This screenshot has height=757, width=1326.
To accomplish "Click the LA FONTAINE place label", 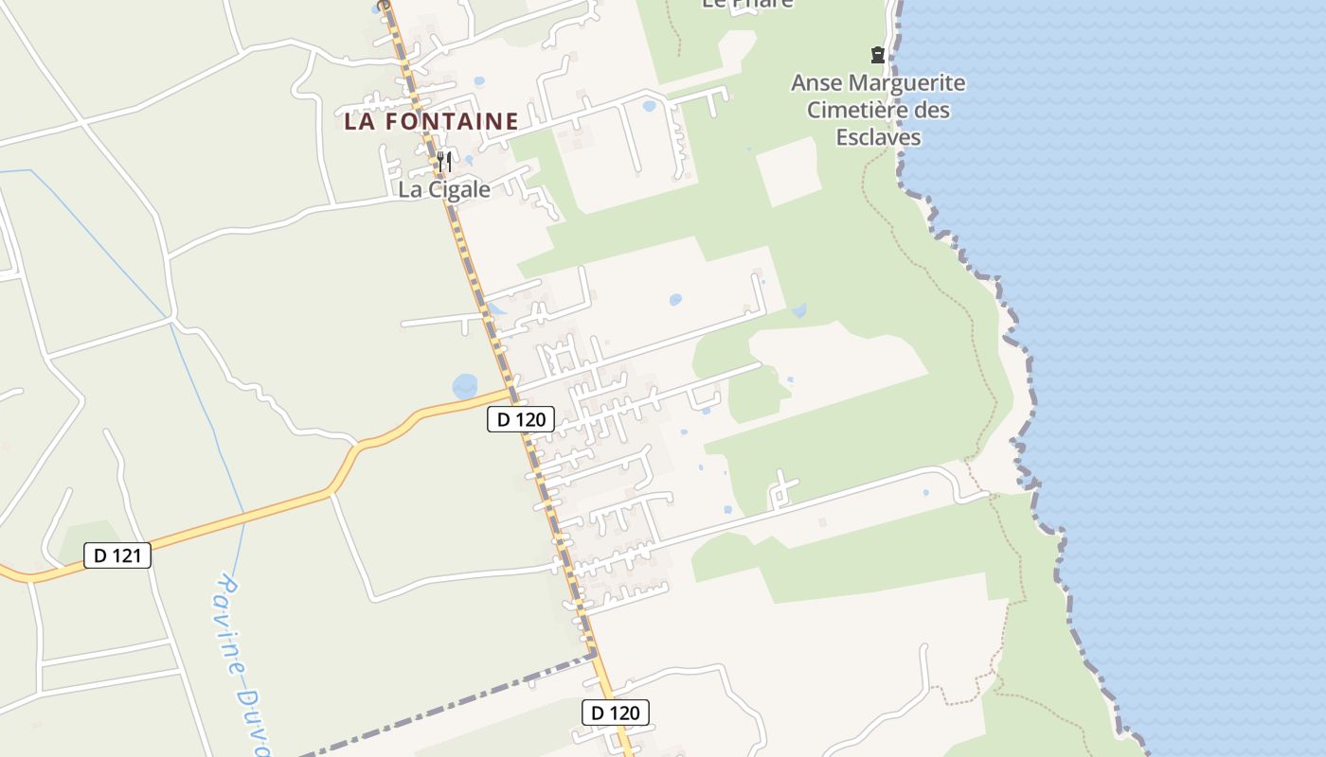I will tap(431, 121).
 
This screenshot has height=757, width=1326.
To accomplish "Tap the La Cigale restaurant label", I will tap(444, 189).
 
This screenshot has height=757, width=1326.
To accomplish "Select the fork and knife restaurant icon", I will tap(444, 162).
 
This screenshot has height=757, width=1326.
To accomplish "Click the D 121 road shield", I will tap(117, 555).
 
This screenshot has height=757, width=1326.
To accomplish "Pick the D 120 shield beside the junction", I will tap(521, 419).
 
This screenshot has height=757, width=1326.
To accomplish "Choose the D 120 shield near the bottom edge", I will tap(616, 713).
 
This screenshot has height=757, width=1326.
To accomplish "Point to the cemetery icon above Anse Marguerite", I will tap(878, 55).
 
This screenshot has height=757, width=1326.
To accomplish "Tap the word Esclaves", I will tap(878, 138).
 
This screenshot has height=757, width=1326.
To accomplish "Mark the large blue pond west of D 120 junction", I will tap(466, 386).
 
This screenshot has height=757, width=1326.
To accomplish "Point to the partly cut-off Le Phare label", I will tap(747, 4).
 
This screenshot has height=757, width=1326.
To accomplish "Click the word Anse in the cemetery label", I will tap(817, 83).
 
